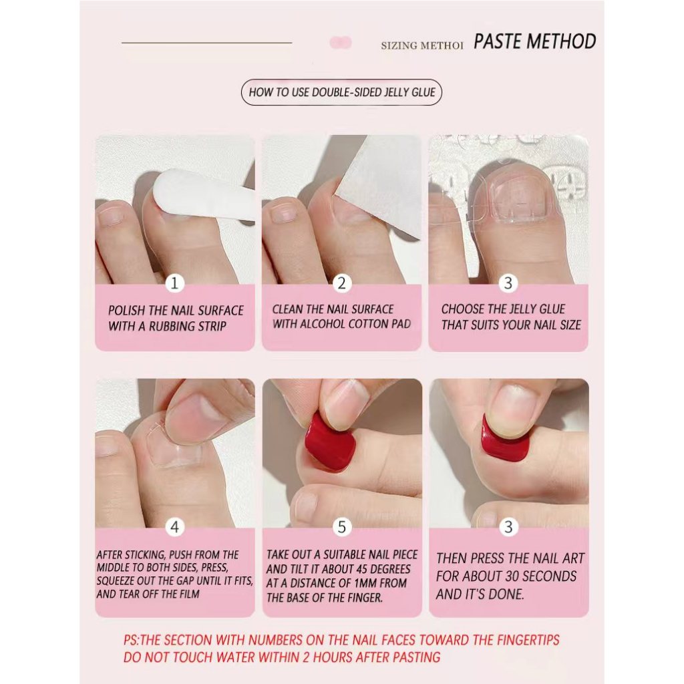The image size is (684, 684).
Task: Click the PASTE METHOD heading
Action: point(535,41)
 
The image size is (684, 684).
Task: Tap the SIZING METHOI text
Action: point(422,46)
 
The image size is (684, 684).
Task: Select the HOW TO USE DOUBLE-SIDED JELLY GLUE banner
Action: point(341,92)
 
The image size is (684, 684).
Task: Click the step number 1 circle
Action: point(174,283)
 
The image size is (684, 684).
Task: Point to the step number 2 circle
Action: point(341,283)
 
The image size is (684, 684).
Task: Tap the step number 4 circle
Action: point(174,527)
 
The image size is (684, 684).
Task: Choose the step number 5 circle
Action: point(341,527)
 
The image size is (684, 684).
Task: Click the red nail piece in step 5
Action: point(331,443)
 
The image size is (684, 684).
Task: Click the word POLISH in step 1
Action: point(126,311)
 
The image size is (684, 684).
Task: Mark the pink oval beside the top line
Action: point(341,42)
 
